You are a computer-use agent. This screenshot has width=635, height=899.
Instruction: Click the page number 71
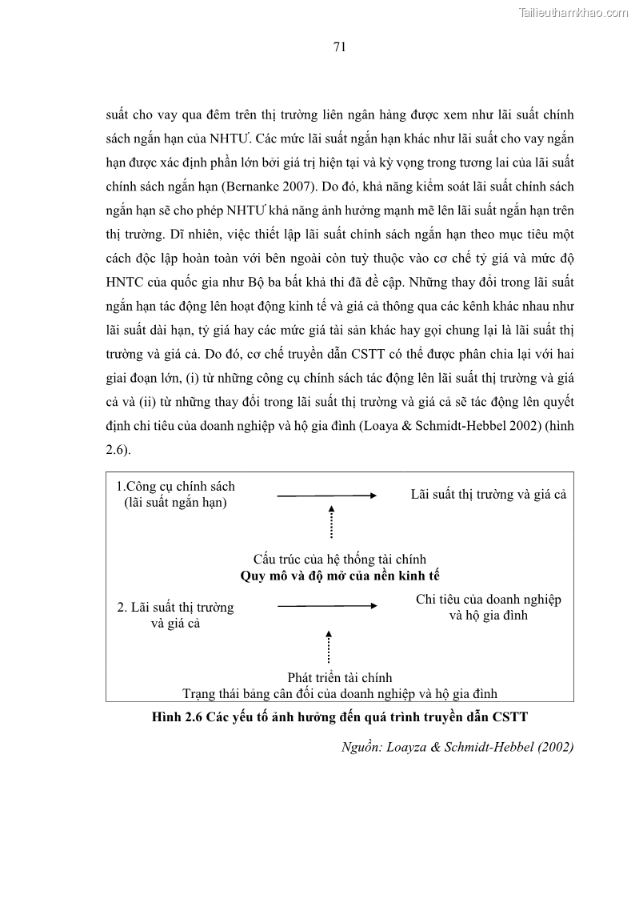click(x=339, y=47)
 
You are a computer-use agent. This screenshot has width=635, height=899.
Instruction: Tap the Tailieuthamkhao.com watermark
click(x=574, y=12)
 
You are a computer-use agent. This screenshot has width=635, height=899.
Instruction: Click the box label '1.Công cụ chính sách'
click(x=176, y=486)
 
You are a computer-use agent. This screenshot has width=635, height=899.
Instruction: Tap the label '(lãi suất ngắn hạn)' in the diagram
click(x=176, y=503)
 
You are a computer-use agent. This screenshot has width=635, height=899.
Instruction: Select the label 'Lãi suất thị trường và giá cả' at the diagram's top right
click(x=489, y=494)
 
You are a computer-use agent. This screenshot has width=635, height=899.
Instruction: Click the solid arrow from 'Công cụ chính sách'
click(x=326, y=496)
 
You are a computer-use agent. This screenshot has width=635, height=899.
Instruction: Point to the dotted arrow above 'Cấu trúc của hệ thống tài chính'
click(x=331, y=522)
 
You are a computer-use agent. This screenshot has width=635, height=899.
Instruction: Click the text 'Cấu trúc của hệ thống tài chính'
click(x=340, y=559)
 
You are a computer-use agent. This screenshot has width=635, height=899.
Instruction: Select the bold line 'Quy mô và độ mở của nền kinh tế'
click(x=340, y=576)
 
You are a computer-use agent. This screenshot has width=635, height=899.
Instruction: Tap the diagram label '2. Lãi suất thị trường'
click(x=176, y=607)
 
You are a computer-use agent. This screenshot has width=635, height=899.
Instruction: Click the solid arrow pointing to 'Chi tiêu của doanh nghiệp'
click(x=326, y=606)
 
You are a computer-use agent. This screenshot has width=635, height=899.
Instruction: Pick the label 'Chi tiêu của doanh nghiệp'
click(x=489, y=600)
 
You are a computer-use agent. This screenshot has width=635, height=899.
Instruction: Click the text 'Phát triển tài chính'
click(x=340, y=677)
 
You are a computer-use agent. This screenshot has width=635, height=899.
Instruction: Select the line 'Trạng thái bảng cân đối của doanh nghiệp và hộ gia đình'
click(x=345, y=693)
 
